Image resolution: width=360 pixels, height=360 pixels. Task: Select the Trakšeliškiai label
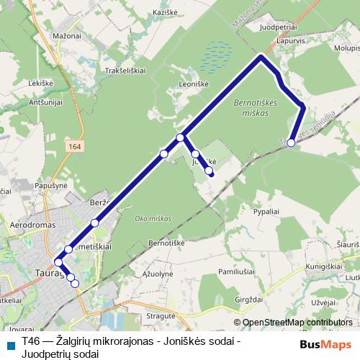click(x=127, y=71)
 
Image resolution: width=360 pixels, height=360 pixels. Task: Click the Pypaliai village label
click(x=266, y=213)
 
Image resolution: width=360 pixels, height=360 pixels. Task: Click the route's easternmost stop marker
click(x=291, y=143)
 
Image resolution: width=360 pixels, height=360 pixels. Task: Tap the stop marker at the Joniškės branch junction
click(x=180, y=137)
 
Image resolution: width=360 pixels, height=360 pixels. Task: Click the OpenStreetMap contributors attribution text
click(x=297, y=323)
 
